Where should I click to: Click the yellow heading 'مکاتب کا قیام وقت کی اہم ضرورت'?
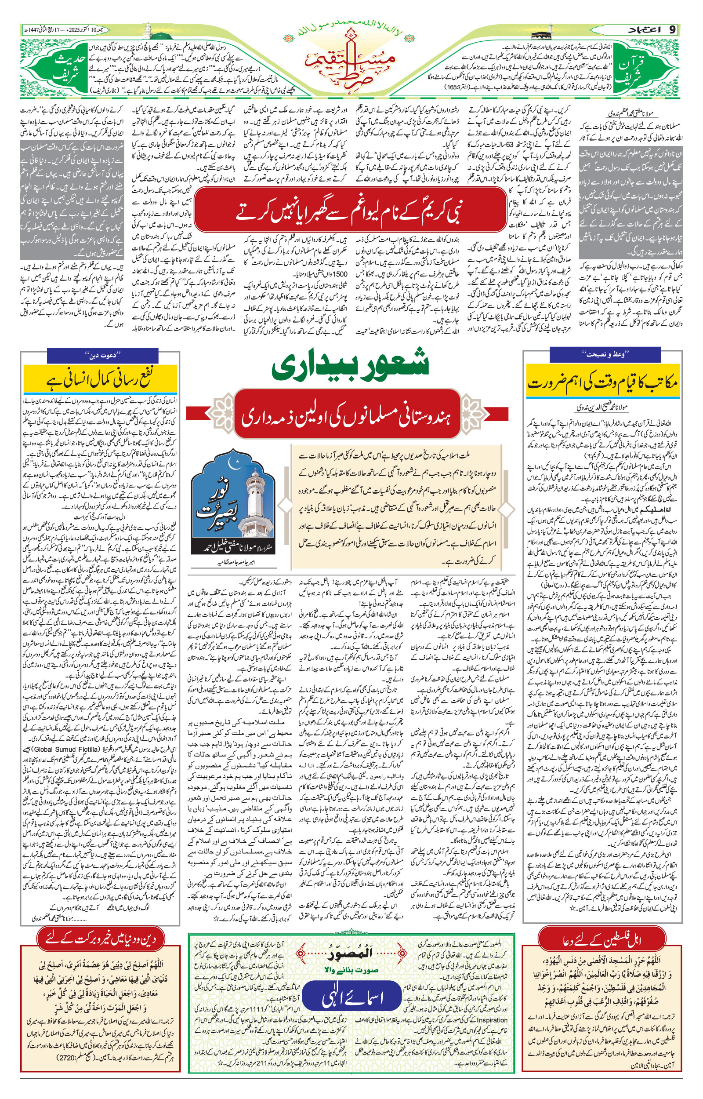[602, 382]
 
